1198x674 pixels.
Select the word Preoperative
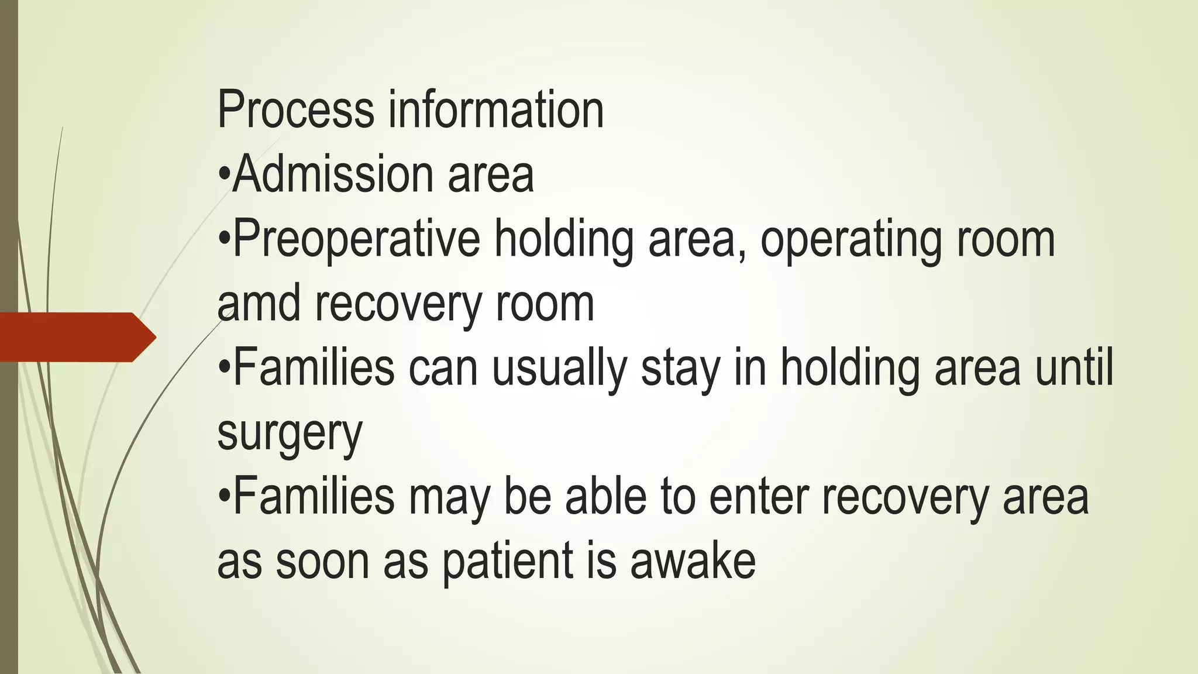[x=356, y=239]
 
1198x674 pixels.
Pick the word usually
[x=559, y=368]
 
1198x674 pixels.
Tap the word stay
[x=680, y=369]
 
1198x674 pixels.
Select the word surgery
[x=290, y=434]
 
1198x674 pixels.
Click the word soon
[x=322, y=562]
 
